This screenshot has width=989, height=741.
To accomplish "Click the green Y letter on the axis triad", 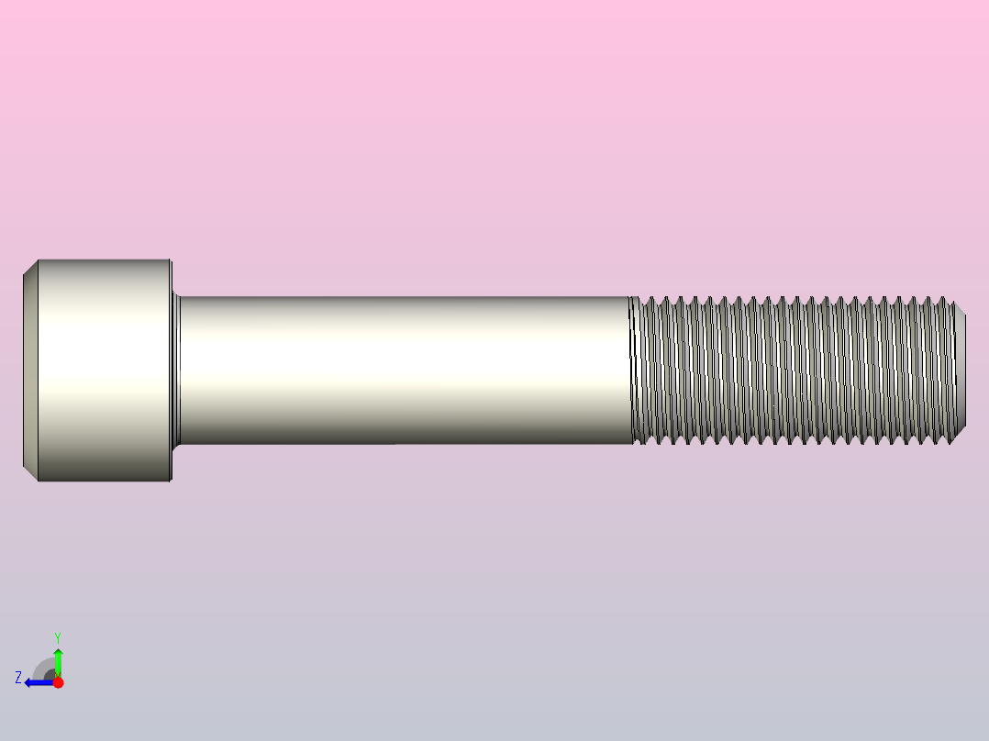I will pos(58,636).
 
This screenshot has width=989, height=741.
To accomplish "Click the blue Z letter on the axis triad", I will pos(17,678).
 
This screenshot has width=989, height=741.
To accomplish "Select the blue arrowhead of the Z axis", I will pos(29,682).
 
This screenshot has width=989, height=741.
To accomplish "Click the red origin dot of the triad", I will pos(58,682).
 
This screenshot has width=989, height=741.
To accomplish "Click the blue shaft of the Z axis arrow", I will pos(42,682).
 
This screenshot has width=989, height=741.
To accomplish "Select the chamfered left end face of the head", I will pos(29,370).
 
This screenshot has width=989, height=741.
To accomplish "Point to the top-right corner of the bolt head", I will pos(171,260).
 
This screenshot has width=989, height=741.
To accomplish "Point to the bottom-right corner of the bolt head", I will pos(171,481).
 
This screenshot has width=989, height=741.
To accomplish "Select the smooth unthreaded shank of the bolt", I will pos(404,370).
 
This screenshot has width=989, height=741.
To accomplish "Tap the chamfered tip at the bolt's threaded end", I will pos(960,370).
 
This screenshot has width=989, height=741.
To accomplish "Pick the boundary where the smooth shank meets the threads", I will pos(632,370).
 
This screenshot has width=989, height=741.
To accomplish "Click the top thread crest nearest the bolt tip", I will pos(945,299).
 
